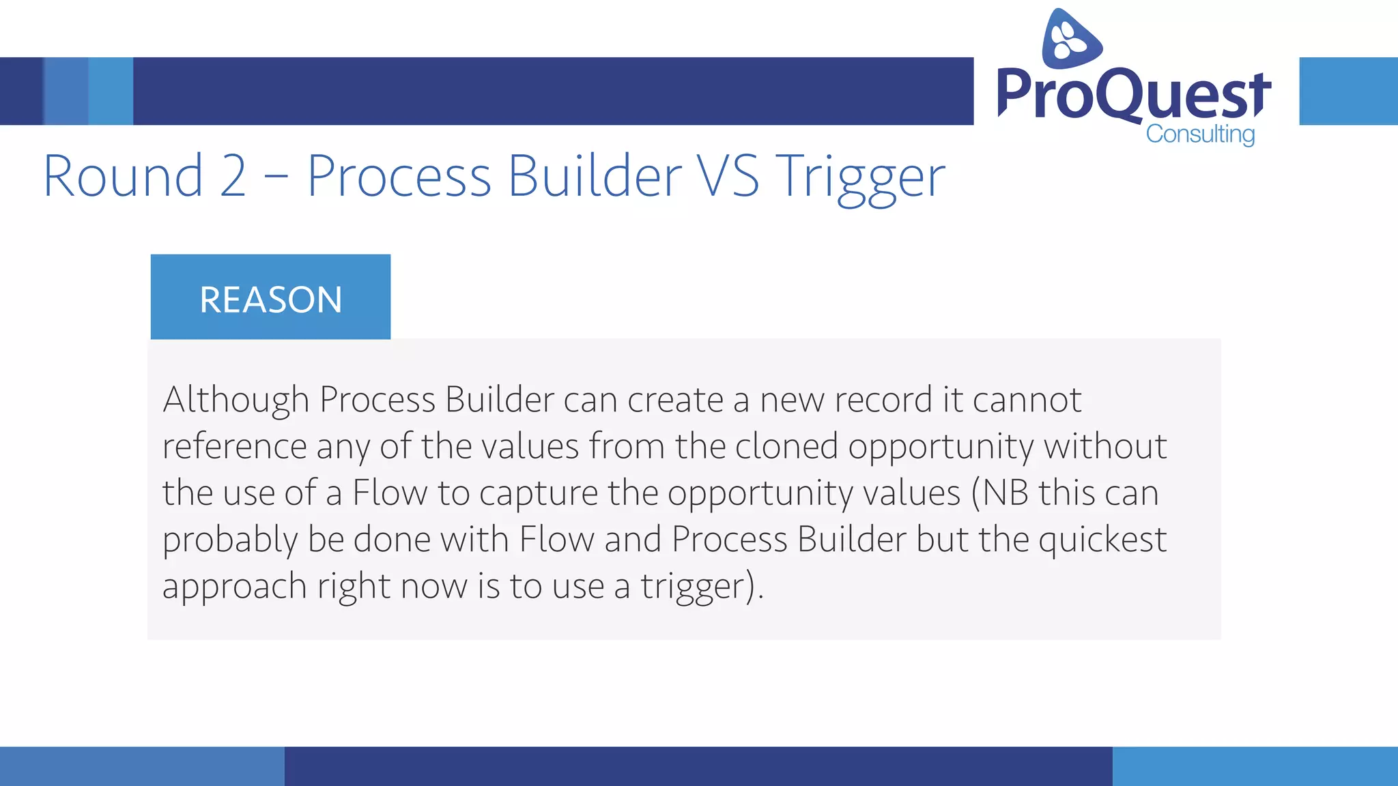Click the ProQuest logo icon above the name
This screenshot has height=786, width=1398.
[1070, 40]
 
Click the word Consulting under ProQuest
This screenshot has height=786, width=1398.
[1200, 134]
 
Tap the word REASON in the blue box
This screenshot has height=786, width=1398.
[270, 300]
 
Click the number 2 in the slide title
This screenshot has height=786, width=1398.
[233, 176]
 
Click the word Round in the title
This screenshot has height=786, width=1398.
[123, 176]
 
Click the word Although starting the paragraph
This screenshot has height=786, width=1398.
[236, 400]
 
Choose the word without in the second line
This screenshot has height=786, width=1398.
[1105, 446]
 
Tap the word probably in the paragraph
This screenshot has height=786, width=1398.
[230, 540]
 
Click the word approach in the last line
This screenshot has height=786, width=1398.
[234, 587]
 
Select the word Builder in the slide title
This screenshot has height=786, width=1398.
[594, 176]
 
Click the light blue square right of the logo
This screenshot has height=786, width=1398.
[1348, 91]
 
